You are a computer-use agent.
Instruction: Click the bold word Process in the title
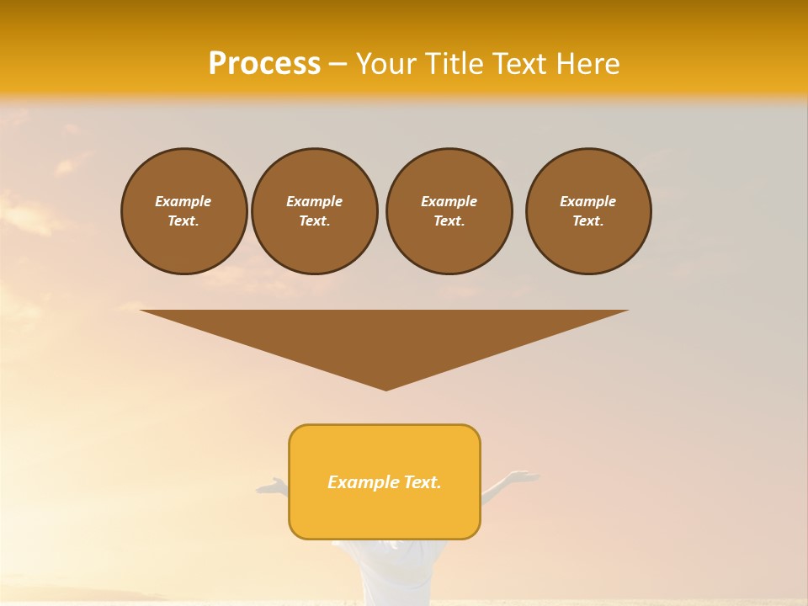click(x=264, y=64)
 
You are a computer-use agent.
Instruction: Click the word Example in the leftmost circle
click(x=183, y=201)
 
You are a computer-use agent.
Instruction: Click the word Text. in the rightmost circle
click(x=587, y=221)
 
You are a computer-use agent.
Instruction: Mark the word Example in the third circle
click(x=449, y=201)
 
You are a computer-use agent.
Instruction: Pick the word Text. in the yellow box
click(x=422, y=482)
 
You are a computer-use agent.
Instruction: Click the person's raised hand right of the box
click(x=522, y=477)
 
